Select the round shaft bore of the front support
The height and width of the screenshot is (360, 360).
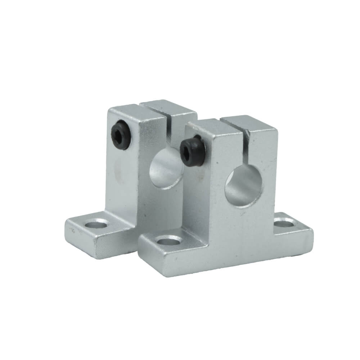point(244,186)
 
